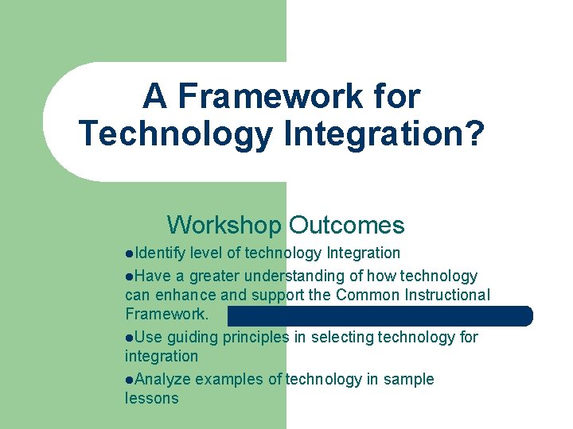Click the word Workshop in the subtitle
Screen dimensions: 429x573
click(x=224, y=225)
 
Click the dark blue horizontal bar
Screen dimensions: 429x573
click(x=380, y=316)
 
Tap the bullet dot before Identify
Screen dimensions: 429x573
click(x=129, y=253)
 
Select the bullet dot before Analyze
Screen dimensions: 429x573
click(x=129, y=380)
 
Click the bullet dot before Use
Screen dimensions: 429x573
click(x=129, y=338)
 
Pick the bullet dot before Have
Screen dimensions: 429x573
click(x=129, y=276)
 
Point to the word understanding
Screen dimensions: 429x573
click(x=292, y=276)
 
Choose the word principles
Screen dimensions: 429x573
click(x=257, y=337)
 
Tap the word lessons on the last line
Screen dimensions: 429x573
click(x=152, y=398)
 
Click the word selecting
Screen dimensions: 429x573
click(x=341, y=337)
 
